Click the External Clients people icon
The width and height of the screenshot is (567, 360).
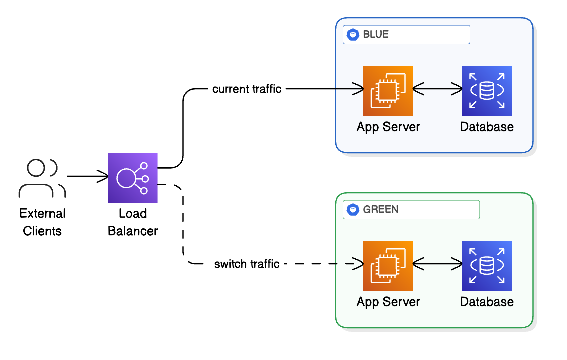click(x=42, y=178)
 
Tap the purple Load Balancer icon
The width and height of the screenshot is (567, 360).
click(x=133, y=178)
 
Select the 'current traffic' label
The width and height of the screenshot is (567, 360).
click(x=247, y=89)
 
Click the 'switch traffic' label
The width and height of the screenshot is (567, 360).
click(x=247, y=264)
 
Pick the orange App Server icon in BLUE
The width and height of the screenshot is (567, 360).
click(x=388, y=90)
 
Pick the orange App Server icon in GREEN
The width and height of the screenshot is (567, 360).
click(x=388, y=265)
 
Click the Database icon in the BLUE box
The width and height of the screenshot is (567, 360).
click(x=487, y=90)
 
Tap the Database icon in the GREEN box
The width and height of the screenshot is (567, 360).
click(x=487, y=265)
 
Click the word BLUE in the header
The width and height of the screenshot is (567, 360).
click(x=376, y=35)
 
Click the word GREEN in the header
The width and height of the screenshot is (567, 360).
click(x=381, y=209)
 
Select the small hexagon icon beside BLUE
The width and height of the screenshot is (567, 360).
click(x=354, y=35)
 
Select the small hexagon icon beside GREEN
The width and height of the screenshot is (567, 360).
click(x=354, y=209)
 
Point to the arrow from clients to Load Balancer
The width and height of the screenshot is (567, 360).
click(x=88, y=176)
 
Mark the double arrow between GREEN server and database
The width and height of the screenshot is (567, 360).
click(x=438, y=263)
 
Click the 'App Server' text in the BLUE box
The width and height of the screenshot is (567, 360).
click(x=388, y=127)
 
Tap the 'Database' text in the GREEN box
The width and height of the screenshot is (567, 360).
click(x=487, y=302)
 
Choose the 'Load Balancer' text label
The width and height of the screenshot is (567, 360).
click(x=133, y=222)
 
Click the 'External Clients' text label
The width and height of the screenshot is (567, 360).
click(x=42, y=222)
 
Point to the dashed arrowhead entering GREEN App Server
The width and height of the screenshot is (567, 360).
click(x=358, y=263)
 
